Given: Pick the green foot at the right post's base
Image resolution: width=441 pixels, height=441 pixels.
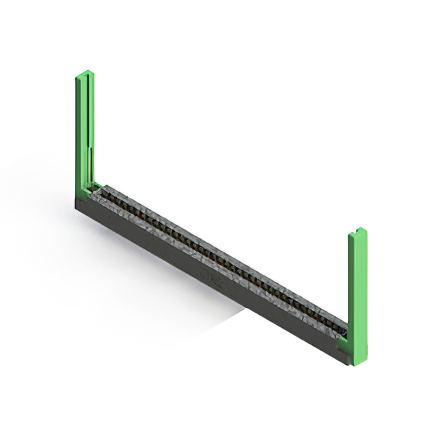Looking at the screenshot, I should pos(344,341).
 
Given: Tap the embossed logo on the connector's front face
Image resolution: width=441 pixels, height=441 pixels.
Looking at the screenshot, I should pos(207,275).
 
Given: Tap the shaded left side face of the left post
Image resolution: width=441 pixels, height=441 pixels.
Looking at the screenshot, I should pos(78,131).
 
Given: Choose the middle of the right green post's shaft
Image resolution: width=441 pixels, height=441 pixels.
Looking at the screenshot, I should pos(358,296).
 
